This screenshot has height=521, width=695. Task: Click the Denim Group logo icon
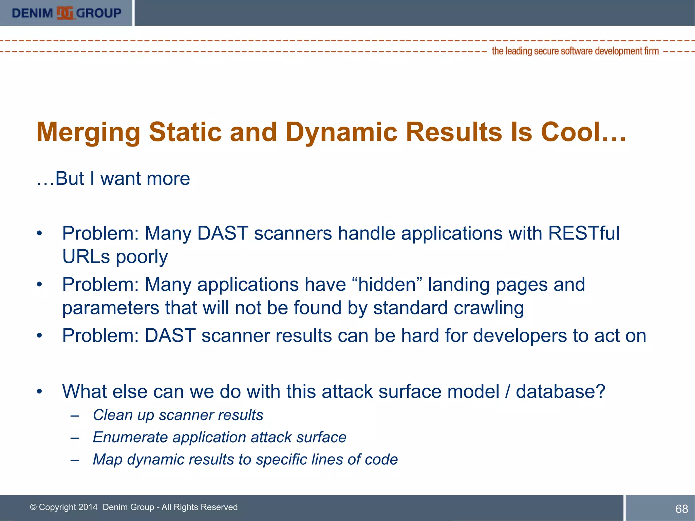(x=65, y=13)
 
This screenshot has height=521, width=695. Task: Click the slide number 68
(x=681, y=509)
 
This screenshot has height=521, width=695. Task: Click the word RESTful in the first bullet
(x=584, y=233)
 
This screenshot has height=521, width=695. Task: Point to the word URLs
(x=86, y=257)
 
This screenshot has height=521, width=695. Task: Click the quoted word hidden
(x=387, y=284)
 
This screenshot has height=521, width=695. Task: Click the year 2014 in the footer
(x=88, y=507)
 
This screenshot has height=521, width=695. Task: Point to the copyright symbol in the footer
(x=33, y=507)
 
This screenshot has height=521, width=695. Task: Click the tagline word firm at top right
(x=652, y=51)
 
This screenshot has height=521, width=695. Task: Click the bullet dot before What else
(x=40, y=391)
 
